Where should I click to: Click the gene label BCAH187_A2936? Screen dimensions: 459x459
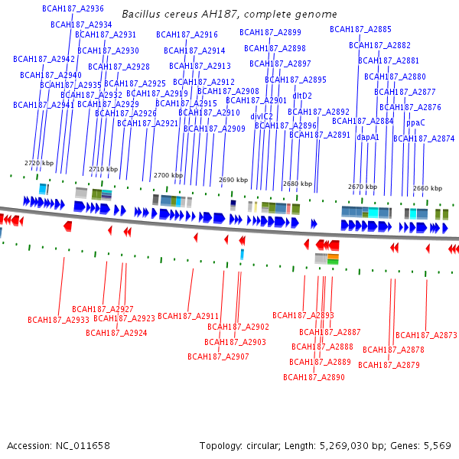(73, 8)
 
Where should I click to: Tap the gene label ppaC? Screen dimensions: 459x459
(415, 122)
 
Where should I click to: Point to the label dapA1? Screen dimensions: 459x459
(368, 137)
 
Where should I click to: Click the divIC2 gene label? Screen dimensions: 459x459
(262, 116)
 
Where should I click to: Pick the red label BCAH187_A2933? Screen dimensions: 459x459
(59, 320)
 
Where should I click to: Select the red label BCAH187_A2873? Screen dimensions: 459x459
(426, 335)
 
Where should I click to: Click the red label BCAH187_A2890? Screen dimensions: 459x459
(314, 377)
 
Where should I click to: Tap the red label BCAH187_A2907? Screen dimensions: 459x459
(218, 356)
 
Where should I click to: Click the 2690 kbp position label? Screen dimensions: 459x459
(233, 180)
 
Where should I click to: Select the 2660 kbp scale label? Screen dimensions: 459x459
(427, 187)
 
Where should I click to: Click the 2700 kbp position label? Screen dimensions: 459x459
(168, 175)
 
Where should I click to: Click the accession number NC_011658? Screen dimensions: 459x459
(82, 445)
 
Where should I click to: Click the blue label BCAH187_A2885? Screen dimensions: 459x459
(360, 29)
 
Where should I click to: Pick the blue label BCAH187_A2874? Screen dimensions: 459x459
(424, 138)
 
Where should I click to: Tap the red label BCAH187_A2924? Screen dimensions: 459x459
(116, 333)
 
